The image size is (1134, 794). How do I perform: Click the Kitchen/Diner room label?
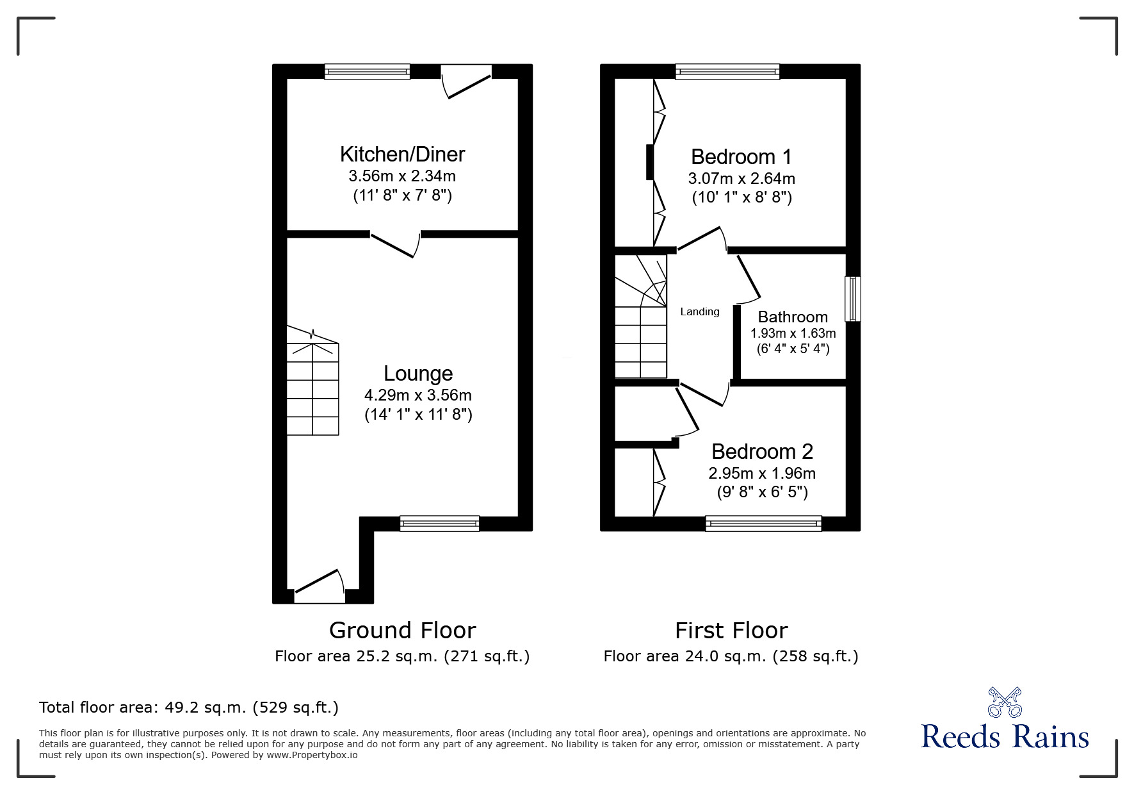(402, 154)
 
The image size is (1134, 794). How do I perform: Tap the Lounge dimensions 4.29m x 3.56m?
(417, 395)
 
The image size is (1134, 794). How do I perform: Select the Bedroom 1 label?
(741, 157)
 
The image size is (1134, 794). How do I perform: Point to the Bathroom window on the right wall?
(852, 299)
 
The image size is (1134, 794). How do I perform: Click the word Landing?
(699, 312)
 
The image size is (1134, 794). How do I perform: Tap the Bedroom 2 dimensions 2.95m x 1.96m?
(761, 474)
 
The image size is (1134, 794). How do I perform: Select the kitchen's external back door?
(467, 82)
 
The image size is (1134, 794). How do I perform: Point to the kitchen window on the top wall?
(367, 71)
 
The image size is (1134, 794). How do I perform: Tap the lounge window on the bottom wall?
(439, 524)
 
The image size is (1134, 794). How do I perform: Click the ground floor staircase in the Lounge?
(312, 381)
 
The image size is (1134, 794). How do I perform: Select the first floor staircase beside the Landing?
(640, 317)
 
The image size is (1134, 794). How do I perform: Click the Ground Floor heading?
(402, 631)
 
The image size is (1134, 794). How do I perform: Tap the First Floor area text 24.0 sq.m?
(730, 656)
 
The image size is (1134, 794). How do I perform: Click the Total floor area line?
(189, 707)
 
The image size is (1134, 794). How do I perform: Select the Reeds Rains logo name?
(1005, 737)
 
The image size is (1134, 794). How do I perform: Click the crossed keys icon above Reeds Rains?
(1005, 702)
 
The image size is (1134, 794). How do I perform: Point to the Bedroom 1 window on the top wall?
(727, 71)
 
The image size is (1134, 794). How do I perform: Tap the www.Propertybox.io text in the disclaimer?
(312, 755)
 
